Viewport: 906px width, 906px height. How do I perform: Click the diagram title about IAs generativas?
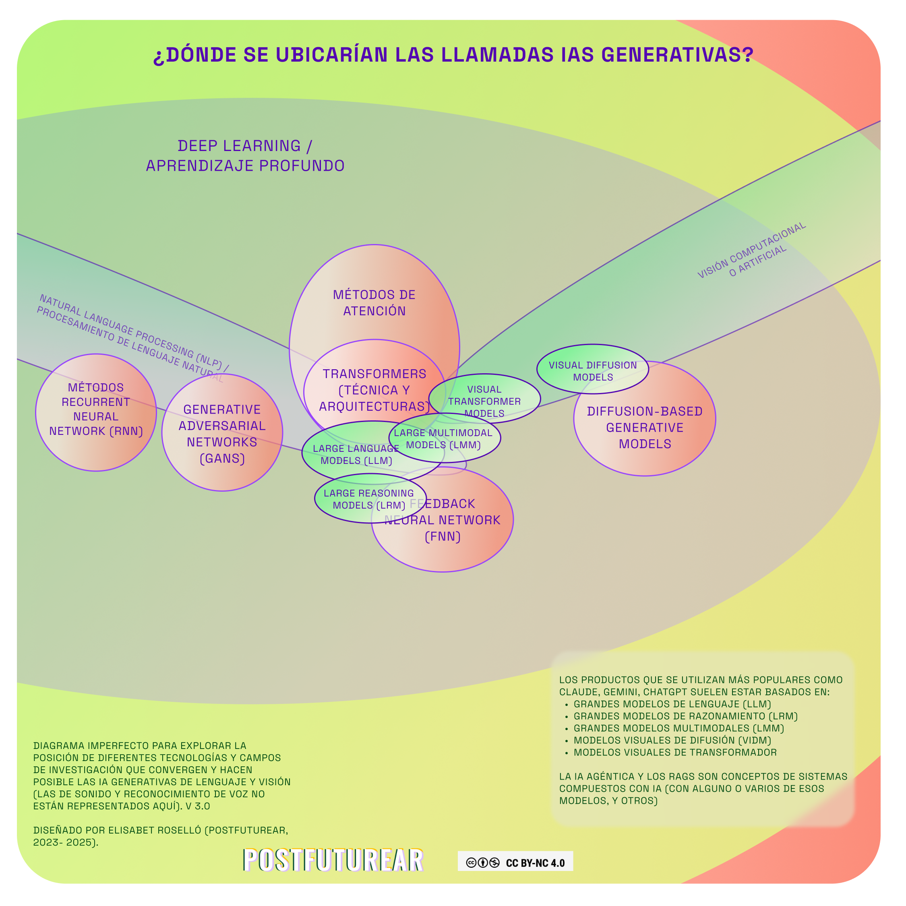pos(453,55)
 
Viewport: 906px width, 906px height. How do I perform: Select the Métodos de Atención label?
pos(374,302)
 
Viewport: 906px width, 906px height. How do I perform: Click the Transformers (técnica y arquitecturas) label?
pos(374,390)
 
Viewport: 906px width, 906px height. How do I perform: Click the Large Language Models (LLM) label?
pos(356,454)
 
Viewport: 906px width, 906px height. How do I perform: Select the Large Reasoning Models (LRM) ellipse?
pos(369,499)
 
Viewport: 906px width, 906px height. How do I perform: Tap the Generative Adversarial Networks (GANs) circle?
pos(222,434)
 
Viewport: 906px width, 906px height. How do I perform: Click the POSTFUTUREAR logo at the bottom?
pos(333,860)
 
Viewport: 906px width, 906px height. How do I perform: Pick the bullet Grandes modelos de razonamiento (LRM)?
pos(686,716)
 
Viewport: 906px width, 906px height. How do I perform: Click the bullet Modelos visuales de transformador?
pos(675,752)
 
